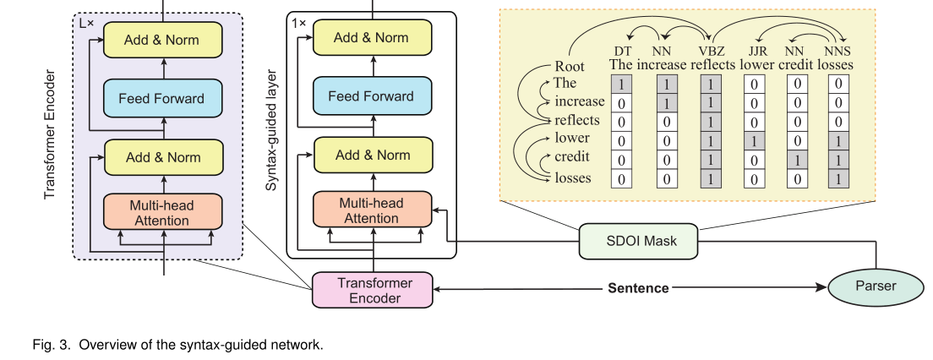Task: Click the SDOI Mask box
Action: pyautogui.click(x=641, y=242)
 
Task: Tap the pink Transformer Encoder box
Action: pyautogui.click(x=374, y=290)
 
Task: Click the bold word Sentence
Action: pyautogui.click(x=638, y=288)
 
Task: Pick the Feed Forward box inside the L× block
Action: pyautogui.click(x=162, y=98)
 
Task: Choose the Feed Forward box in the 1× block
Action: pyautogui.click(x=372, y=95)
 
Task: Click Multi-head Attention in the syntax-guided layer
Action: pyautogui.click(x=372, y=210)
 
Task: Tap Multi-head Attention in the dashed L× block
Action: pyautogui.click(x=162, y=213)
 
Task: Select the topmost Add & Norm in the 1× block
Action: pyautogui.click(x=372, y=37)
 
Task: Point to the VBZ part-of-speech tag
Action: pyautogui.click(x=710, y=51)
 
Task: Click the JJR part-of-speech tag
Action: pyautogui.click(x=754, y=51)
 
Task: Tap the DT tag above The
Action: pyautogui.click(x=622, y=51)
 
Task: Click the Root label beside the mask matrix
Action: pyautogui.click(x=570, y=66)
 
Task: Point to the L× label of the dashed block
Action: pyautogui.click(x=87, y=24)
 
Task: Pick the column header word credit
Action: pyautogui.click(x=796, y=64)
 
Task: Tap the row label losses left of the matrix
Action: pyautogui.click(x=572, y=177)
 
